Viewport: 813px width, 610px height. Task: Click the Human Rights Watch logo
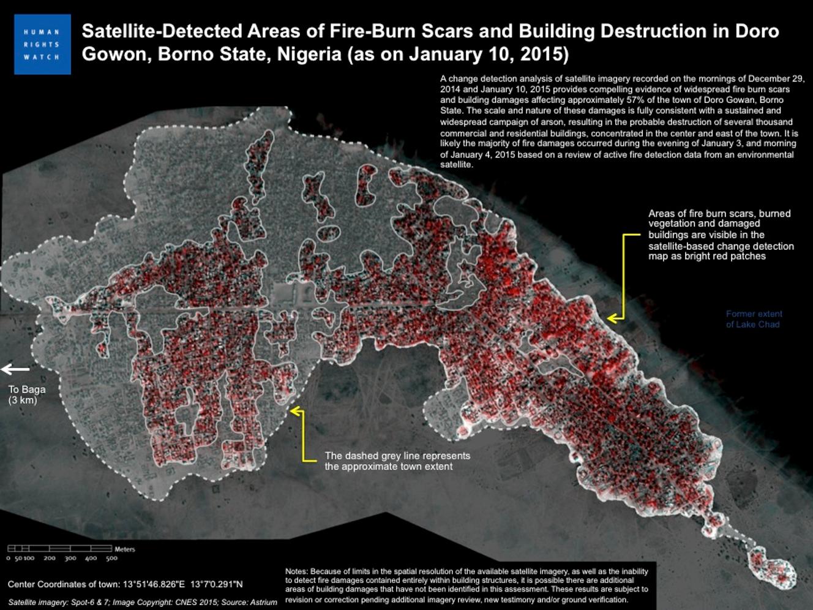click(x=42, y=45)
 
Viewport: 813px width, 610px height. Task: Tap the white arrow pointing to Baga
click(x=15, y=369)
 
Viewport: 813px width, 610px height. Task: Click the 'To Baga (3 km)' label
click(x=26, y=394)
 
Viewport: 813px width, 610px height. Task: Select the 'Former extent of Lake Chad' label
click(x=754, y=319)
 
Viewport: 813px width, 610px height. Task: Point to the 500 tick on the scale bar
click(x=111, y=558)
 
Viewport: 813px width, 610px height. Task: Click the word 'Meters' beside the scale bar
click(x=125, y=549)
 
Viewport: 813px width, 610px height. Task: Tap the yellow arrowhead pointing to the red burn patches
click(x=612, y=318)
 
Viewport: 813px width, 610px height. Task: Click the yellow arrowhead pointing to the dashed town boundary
click(x=294, y=411)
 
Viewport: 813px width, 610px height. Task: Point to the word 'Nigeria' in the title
click(x=309, y=55)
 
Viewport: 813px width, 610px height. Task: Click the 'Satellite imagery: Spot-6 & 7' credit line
click(x=142, y=603)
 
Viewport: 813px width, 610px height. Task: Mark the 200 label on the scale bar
click(x=50, y=558)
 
